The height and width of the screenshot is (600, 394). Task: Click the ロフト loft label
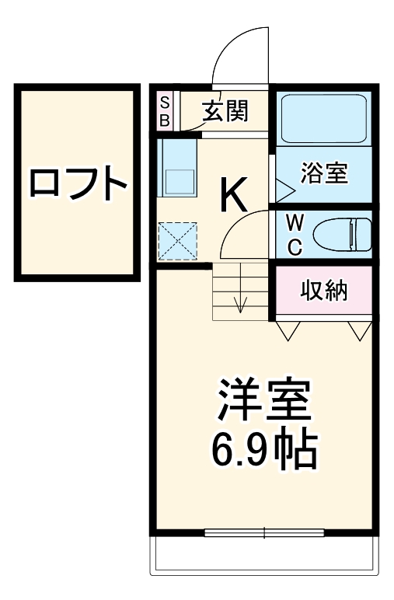[78, 183]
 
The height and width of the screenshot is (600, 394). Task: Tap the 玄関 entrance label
[225, 112]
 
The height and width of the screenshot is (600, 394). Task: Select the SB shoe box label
[166, 111]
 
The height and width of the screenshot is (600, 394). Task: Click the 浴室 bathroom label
[323, 173]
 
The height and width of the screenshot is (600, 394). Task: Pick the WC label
[295, 234]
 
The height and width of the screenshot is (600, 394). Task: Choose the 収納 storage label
[324, 291]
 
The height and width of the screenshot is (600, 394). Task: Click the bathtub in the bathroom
[323, 119]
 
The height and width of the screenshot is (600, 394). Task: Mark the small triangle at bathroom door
[282, 189]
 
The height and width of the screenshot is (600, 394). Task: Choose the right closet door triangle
[359, 332]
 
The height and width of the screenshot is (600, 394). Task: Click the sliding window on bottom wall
[264, 533]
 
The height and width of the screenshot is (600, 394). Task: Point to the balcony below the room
[264, 556]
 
